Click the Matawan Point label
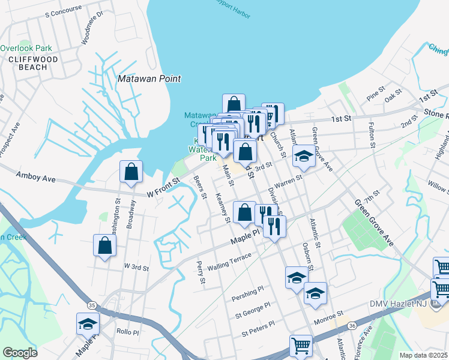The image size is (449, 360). [149, 79]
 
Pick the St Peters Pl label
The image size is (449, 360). [258, 328]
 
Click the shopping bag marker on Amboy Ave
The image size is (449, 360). [131, 173]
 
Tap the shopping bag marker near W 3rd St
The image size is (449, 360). [105, 246]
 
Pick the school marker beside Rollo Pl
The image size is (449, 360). [88, 325]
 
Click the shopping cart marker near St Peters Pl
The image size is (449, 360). [301, 346]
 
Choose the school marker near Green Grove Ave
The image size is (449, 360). [304, 157]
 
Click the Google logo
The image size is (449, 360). [20, 352]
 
